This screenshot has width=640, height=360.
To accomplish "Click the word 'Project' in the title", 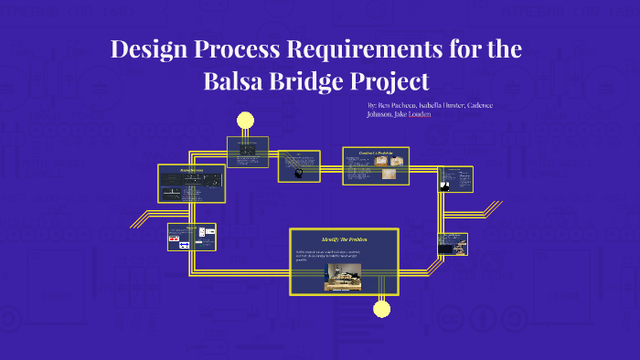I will [x=391, y=81].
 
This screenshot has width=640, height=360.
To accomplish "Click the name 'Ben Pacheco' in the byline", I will [x=399, y=105].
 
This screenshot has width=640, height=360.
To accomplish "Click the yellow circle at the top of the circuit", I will [x=245, y=120].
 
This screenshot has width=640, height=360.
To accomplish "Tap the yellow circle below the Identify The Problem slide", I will [x=382, y=309].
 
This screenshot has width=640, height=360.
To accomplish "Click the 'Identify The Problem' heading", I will [x=344, y=239].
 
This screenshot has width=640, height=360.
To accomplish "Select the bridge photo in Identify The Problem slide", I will [x=343, y=277].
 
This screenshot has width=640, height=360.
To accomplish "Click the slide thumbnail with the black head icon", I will [x=299, y=166].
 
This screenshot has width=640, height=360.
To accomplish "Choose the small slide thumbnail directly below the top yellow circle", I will [x=247, y=152].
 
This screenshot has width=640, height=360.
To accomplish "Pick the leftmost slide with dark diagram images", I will [x=191, y=184].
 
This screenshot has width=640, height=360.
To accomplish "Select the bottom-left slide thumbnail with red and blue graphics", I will [x=191, y=237].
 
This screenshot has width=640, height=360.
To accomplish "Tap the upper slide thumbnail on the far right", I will [x=454, y=179].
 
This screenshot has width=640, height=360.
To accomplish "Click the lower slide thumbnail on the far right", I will [x=453, y=244].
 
